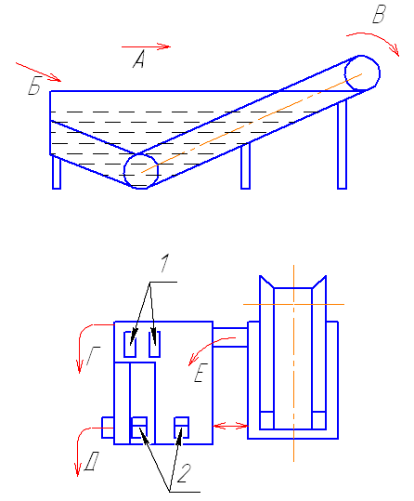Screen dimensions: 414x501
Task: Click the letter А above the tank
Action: pos(139,59)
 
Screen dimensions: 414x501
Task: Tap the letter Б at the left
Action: pos(34,86)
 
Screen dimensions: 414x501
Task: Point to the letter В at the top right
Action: pos(380,14)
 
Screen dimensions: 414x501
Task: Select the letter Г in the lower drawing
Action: pos(93,356)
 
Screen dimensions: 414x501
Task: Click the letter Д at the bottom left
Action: pos(91,461)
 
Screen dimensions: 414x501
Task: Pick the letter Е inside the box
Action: pos(201,373)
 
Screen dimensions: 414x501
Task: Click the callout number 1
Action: pos(164,263)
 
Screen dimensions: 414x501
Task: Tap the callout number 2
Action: pos(184,473)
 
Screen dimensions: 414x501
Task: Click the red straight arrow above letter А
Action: pos(146,46)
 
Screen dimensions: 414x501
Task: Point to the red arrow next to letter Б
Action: pos(38,73)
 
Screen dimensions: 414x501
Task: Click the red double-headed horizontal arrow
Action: pos(230,426)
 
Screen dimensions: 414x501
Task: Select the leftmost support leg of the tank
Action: pos(57,172)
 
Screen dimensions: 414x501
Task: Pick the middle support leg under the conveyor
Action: pos(245,166)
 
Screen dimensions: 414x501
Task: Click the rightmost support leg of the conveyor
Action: pos(342,144)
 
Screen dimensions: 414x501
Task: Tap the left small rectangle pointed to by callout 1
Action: pos(130,345)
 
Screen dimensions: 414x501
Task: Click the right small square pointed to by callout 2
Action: pos(181,428)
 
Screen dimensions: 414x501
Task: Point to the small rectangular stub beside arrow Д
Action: pos(108,428)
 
